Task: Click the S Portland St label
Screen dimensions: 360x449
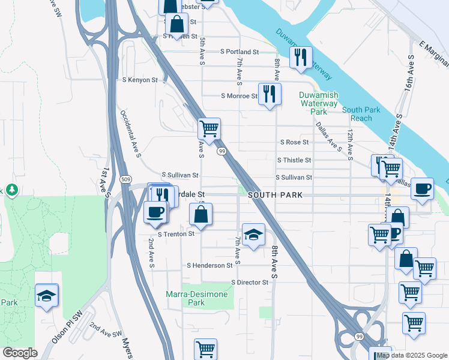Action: (x=239, y=52)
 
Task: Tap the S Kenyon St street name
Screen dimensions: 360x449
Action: (x=140, y=79)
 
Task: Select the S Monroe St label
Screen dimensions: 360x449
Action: (x=239, y=95)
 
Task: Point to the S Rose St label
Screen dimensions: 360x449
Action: (x=294, y=142)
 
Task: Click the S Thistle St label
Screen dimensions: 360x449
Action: (x=294, y=160)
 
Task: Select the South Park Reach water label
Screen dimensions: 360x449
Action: (x=361, y=114)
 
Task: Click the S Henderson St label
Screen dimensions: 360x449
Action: (x=209, y=265)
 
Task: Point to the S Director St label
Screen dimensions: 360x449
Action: (x=250, y=282)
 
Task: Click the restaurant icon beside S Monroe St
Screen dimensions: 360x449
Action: (x=270, y=94)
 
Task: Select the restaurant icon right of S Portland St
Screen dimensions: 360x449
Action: (x=301, y=58)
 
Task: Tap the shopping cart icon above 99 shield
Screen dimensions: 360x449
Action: (x=209, y=128)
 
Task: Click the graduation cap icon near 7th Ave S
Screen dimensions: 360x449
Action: (x=253, y=235)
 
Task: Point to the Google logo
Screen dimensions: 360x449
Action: (x=20, y=353)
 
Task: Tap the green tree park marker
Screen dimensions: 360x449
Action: (x=11, y=190)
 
